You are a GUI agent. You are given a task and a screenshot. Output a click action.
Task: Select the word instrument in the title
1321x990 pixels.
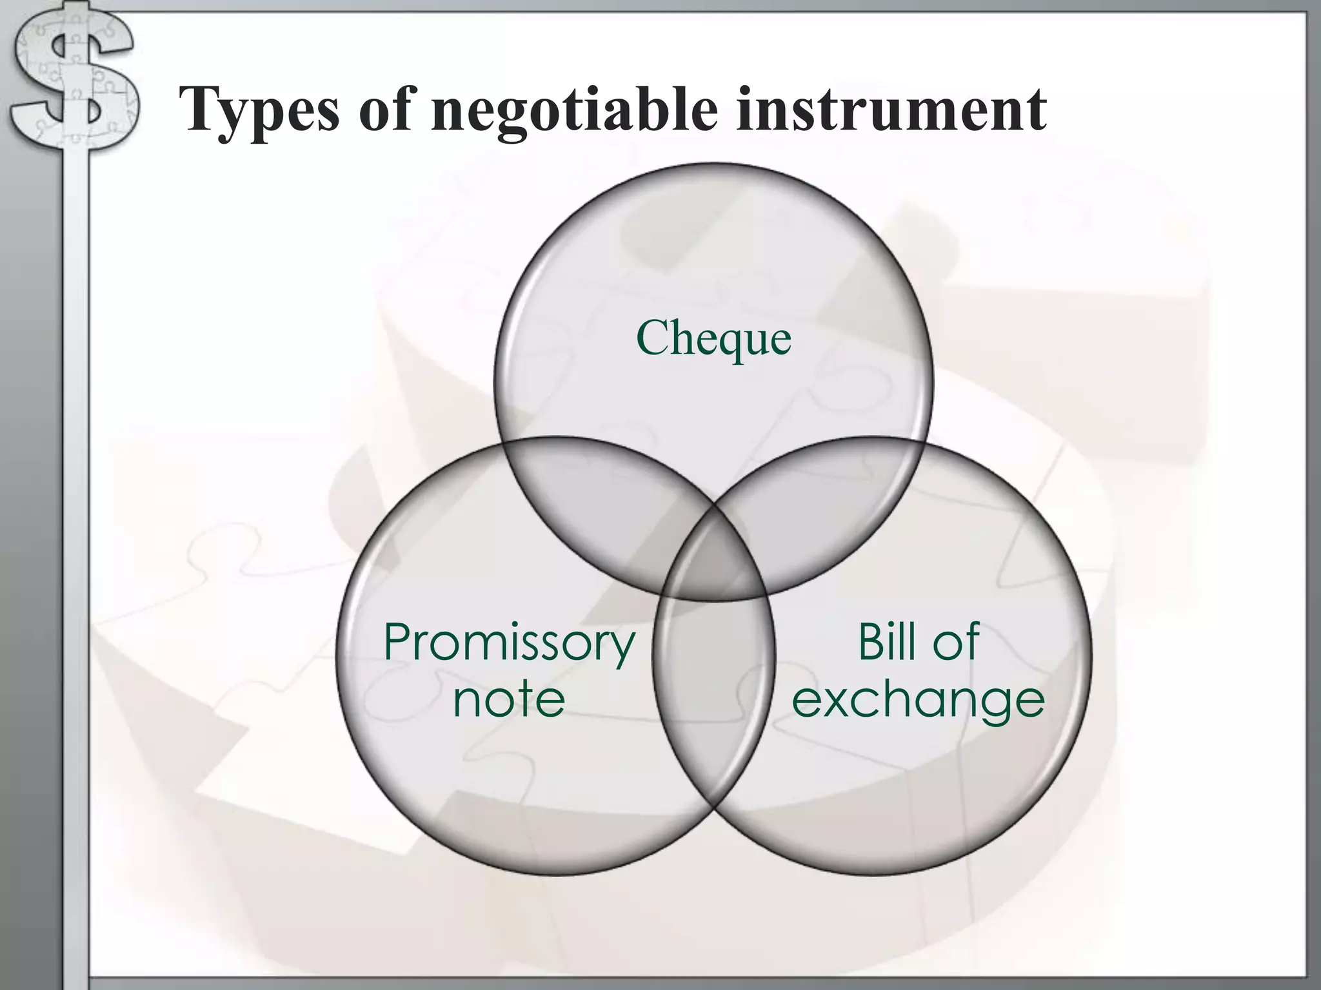point(890,110)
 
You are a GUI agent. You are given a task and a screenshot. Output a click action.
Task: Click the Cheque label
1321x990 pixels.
point(713,338)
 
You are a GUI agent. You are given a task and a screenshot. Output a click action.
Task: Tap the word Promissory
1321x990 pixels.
point(510,643)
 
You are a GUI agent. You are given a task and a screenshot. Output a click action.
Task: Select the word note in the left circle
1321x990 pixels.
point(509,699)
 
